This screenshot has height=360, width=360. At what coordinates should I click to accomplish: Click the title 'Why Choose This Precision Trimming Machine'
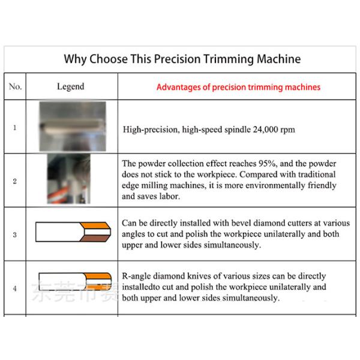(x=182, y=59)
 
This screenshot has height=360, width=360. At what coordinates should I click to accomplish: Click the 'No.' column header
(x=15, y=86)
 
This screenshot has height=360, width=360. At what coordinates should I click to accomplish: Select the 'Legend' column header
(x=70, y=86)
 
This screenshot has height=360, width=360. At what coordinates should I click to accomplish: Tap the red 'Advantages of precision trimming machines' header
(x=238, y=87)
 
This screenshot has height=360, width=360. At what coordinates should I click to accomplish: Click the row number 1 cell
(x=15, y=127)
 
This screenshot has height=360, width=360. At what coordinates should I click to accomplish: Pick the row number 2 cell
(x=15, y=181)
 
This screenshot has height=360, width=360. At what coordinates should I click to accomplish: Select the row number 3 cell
(x=15, y=234)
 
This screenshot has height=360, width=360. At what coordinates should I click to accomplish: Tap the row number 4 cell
(x=15, y=288)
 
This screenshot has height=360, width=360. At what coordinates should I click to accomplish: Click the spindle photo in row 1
(x=72, y=127)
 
